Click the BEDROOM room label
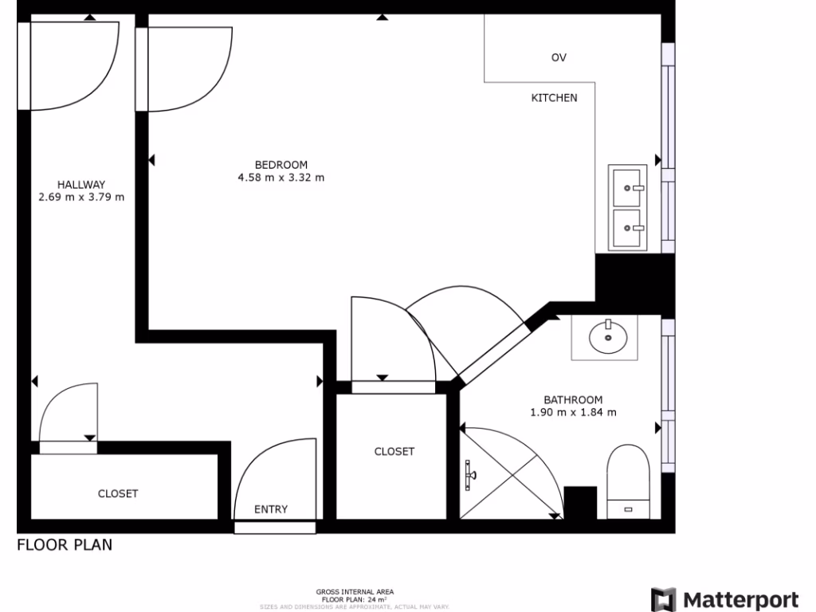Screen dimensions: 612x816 (x=281, y=165)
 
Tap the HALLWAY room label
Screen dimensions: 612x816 (x=81, y=184)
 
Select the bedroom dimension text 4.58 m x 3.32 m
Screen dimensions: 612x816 (x=281, y=178)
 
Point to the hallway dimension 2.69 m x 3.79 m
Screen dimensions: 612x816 (x=81, y=197)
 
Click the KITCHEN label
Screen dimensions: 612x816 (x=554, y=98)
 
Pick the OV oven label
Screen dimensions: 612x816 (x=559, y=57)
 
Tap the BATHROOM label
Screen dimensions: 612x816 (x=573, y=400)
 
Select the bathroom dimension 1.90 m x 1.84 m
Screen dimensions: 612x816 (x=573, y=413)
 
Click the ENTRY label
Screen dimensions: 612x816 (x=271, y=509)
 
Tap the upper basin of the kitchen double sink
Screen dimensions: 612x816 (x=629, y=187)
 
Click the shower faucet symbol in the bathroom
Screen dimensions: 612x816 (x=470, y=475)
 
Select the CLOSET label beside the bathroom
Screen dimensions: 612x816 (x=394, y=452)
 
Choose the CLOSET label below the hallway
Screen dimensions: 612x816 (x=118, y=493)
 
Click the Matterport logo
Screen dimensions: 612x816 (x=724, y=599)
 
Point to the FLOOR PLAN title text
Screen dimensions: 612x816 (x=65, y=545)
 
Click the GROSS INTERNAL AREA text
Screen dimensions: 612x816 (x=354, y=591)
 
